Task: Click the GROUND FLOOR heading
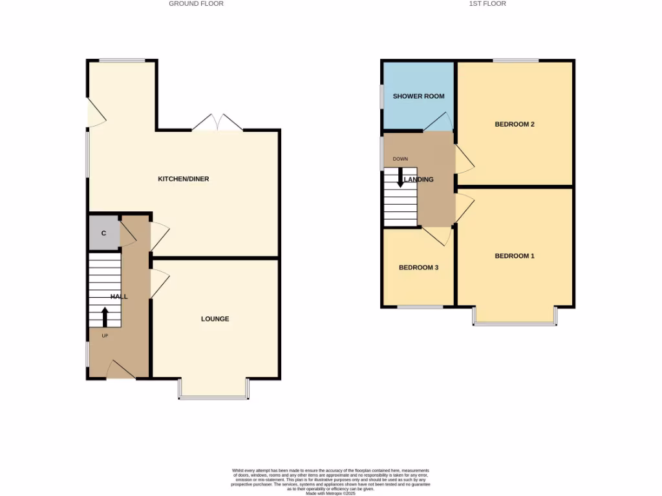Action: click(196, 4)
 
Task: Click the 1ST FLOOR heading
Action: click(487, 4)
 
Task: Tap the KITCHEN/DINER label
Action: click(184, 179)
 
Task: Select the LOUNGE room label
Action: click(215, 319)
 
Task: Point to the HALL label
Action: click(119, 296)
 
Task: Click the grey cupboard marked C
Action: click(103, 233)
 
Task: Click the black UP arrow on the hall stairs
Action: click(104, 317)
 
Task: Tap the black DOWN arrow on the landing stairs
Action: click(400, 178)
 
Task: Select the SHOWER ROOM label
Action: click(419, 96)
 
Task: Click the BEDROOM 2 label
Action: click(514, 125)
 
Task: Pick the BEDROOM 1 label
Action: click(514, 256)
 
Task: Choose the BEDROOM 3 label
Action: click(418, 267)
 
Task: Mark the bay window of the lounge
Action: click(214, 395)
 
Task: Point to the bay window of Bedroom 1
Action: click(515, 322)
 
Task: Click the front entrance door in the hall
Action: click(120, 371)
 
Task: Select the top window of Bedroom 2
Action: click(515, 61)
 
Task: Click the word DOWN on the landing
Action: click(400, 159)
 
